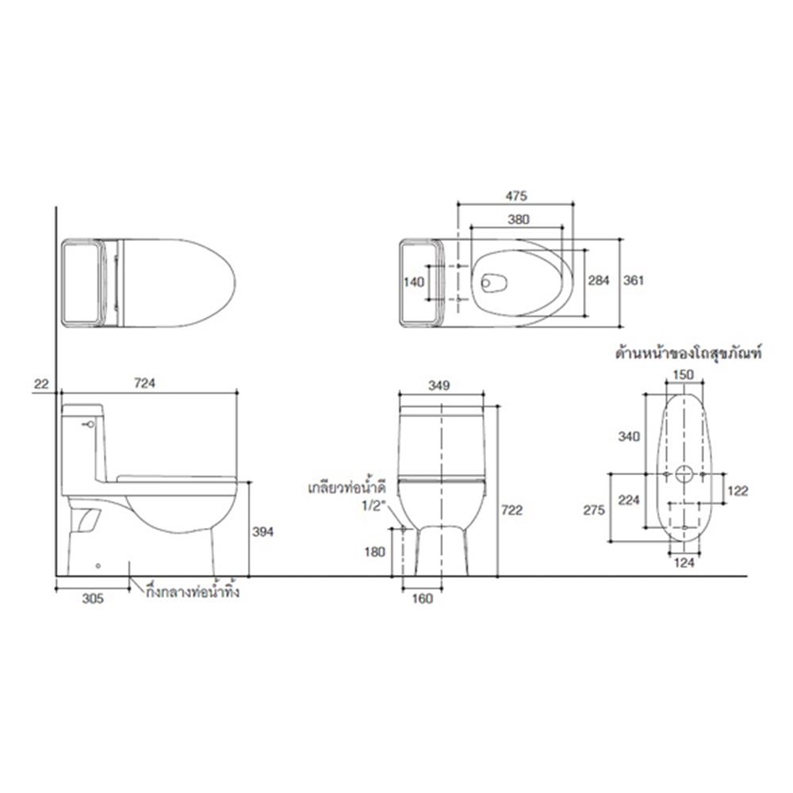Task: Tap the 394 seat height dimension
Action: [262, 533]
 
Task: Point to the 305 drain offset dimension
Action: [93, 600]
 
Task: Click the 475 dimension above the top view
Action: [516, 195]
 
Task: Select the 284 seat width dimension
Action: [600, 281]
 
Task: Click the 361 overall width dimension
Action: [633, 281]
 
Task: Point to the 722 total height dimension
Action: [512, 511]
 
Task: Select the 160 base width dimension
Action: [423, 600]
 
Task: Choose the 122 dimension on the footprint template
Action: [737, 491]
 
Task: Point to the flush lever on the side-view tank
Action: [90, 424]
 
